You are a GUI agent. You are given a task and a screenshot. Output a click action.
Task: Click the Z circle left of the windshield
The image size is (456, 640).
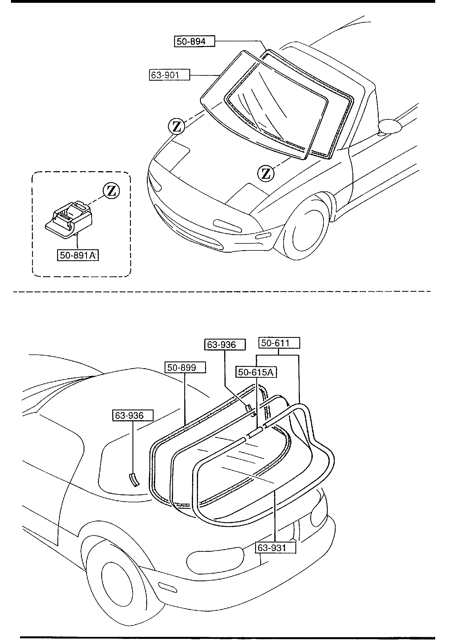pos(176,126)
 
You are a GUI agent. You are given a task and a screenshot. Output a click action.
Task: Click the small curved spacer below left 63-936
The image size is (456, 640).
pos(134,480)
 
